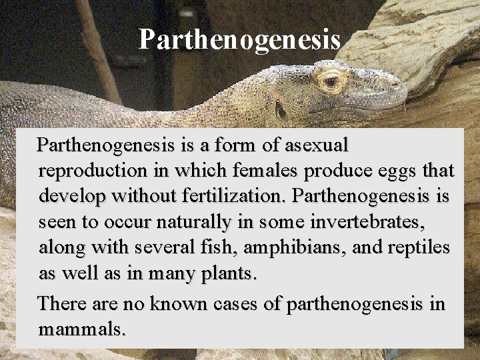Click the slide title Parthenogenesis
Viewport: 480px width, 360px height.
click(x=239, y=39)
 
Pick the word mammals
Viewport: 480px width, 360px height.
click(x=82, y=329)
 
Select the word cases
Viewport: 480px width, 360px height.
click(x=243, y=304)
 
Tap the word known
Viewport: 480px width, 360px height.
click(x=177, y=304)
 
